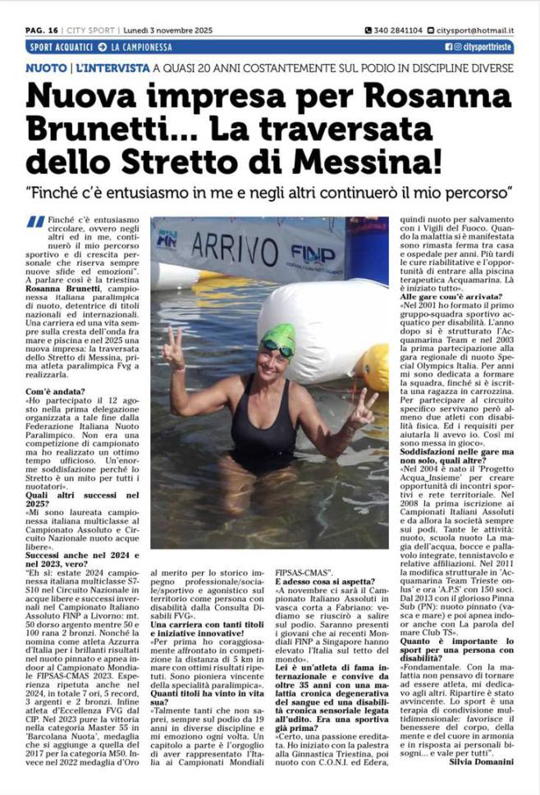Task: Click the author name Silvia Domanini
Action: pyautogui.click(x=480, y=761)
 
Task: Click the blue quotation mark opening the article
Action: pyautogui.click(x=34, y=222)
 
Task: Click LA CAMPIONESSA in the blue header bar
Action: pyautogui.click(x=141, y=47)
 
